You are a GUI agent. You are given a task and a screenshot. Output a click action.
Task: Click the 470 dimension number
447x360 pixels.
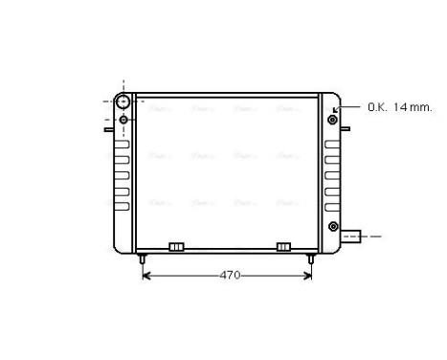click(x=228, y=276)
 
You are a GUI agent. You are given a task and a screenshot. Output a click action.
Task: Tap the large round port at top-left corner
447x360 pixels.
click(x=123, y=101)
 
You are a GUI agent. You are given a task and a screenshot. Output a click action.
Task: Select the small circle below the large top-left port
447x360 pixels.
click(x=123, y=120)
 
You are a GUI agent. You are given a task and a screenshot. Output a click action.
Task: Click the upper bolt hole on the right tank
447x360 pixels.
click(x=332, y=120)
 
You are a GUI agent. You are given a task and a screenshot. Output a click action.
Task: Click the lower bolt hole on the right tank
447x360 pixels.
click(x=332, y=226)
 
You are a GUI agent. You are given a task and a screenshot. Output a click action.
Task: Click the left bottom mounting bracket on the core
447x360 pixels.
click(x=176, y=247)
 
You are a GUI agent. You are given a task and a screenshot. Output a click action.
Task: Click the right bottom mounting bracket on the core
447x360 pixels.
click(x=283, y=247)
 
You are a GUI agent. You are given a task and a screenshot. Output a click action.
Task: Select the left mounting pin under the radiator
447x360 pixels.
click(x=142, y=258)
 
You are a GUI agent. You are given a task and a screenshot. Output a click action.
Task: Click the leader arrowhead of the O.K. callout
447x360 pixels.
click(x=336, y=109)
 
